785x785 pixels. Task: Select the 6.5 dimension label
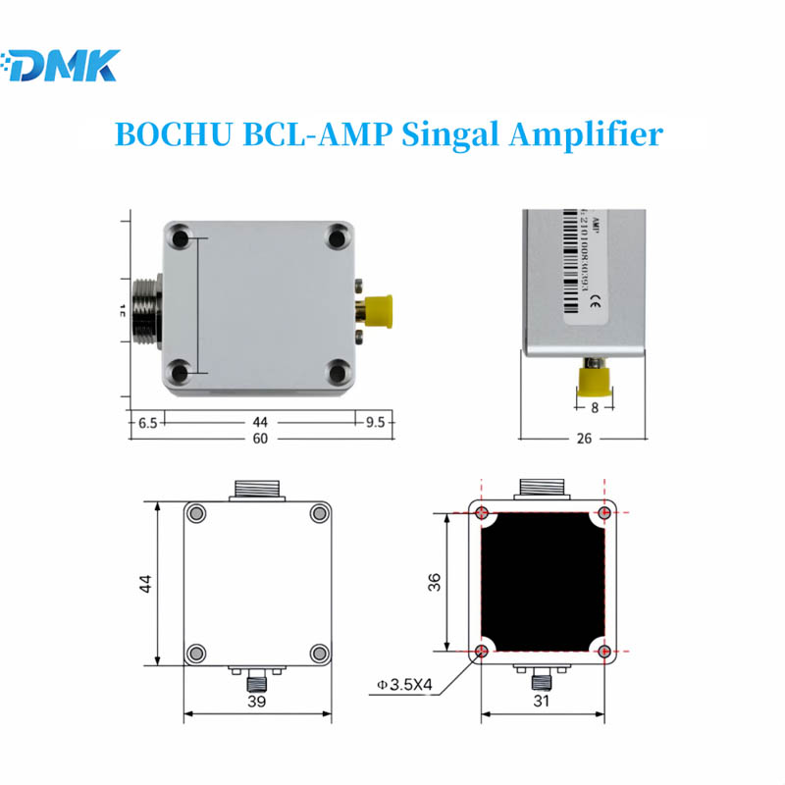[x=147, y=422]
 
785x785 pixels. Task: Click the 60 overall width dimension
[x=260, y=439]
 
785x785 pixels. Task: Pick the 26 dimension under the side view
[x=584, y=439]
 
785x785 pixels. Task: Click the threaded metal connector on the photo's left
[x=143, y=308]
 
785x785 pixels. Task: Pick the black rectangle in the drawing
[x=543, y=582]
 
